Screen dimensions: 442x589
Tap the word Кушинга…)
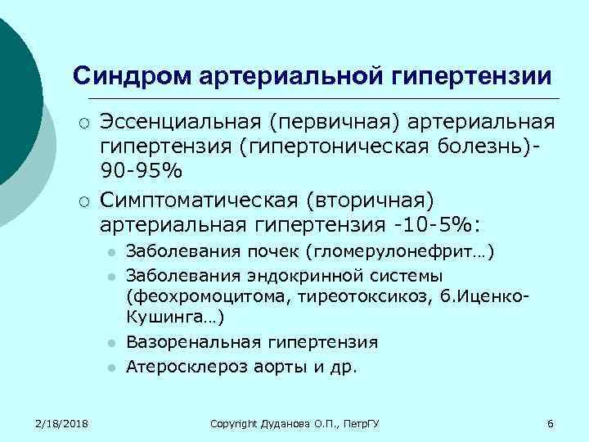point(175,315)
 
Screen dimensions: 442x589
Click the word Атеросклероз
point(182,367)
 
